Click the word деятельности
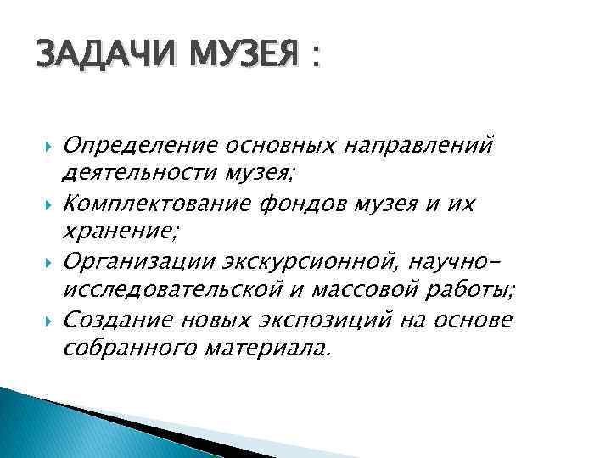[x=135, y=176]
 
